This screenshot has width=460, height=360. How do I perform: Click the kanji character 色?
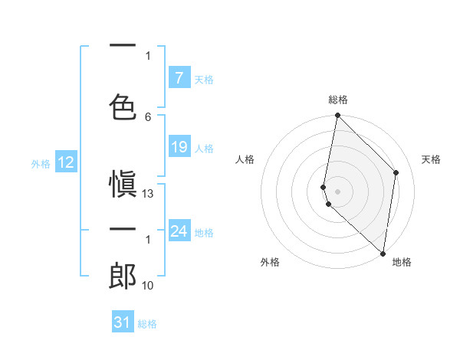pos(123,105)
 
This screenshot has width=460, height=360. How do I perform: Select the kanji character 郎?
pos(123,275)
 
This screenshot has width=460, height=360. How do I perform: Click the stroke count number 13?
pos(148,194)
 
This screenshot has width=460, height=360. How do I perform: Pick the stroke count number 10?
pos(148,285)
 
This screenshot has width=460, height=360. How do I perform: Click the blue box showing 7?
pos(179,77)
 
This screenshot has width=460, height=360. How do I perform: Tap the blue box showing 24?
pos(179,231)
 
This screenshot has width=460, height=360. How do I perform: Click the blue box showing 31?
pos(123,322)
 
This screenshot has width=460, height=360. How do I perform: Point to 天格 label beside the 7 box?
pos(203,79)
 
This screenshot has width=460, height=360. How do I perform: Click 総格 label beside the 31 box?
pos(146,324)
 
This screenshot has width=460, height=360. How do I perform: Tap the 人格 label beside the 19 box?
pos(203,148)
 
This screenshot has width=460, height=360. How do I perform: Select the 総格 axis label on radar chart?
pos(337,100)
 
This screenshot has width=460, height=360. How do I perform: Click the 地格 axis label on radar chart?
pos(402,262)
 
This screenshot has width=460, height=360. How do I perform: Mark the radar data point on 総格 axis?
pos(337,116)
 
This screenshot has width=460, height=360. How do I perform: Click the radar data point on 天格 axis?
pos(396,172)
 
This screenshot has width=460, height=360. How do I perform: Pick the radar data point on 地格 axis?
pos(383,254)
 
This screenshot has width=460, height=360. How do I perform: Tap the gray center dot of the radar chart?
pos(337,191)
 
